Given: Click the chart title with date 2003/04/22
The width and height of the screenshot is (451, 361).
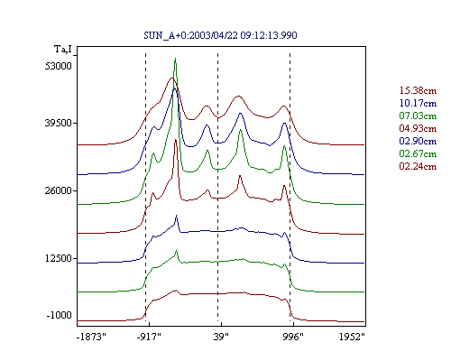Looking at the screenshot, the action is tap(220, 35).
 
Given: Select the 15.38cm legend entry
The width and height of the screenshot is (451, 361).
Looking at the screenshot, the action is tap(418, 90).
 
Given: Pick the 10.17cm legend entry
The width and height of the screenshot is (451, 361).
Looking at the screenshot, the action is tap(418, 103).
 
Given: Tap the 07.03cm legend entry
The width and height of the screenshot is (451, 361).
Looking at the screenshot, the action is tap(418, 116).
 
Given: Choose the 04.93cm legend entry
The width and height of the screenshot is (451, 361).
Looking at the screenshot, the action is tap(418, 128).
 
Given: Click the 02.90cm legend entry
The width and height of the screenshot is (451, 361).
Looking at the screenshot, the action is tap(418, 141).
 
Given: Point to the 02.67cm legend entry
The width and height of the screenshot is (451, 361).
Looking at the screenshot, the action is tap(418, 153).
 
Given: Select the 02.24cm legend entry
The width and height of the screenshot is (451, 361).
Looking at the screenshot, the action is tap(418, 166).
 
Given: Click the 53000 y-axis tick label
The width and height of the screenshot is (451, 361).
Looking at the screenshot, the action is tap(59, 66).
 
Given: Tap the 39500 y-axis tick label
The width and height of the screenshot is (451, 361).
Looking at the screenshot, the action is tap(59, 123).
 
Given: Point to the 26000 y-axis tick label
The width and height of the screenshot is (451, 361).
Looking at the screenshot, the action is tap(59, 190).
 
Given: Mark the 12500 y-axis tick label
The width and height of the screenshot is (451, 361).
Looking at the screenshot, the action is tap(59, 258).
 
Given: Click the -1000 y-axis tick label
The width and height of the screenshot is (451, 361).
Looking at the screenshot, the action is tap(59, 315).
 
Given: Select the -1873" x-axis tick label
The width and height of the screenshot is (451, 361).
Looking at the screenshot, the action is tap(91, 337).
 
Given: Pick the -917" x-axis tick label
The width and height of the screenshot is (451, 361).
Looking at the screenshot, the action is tap(149, 337).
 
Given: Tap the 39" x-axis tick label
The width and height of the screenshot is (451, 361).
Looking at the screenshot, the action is tap(221, 337).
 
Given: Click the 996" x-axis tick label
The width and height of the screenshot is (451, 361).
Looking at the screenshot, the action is tap(293, 337).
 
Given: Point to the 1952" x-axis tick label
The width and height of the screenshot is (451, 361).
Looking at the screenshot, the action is tap(352, 337).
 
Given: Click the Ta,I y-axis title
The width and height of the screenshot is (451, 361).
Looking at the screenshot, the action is tap(63, 49).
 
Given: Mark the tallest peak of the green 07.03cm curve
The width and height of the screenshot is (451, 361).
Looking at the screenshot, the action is tap(175, 59).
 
